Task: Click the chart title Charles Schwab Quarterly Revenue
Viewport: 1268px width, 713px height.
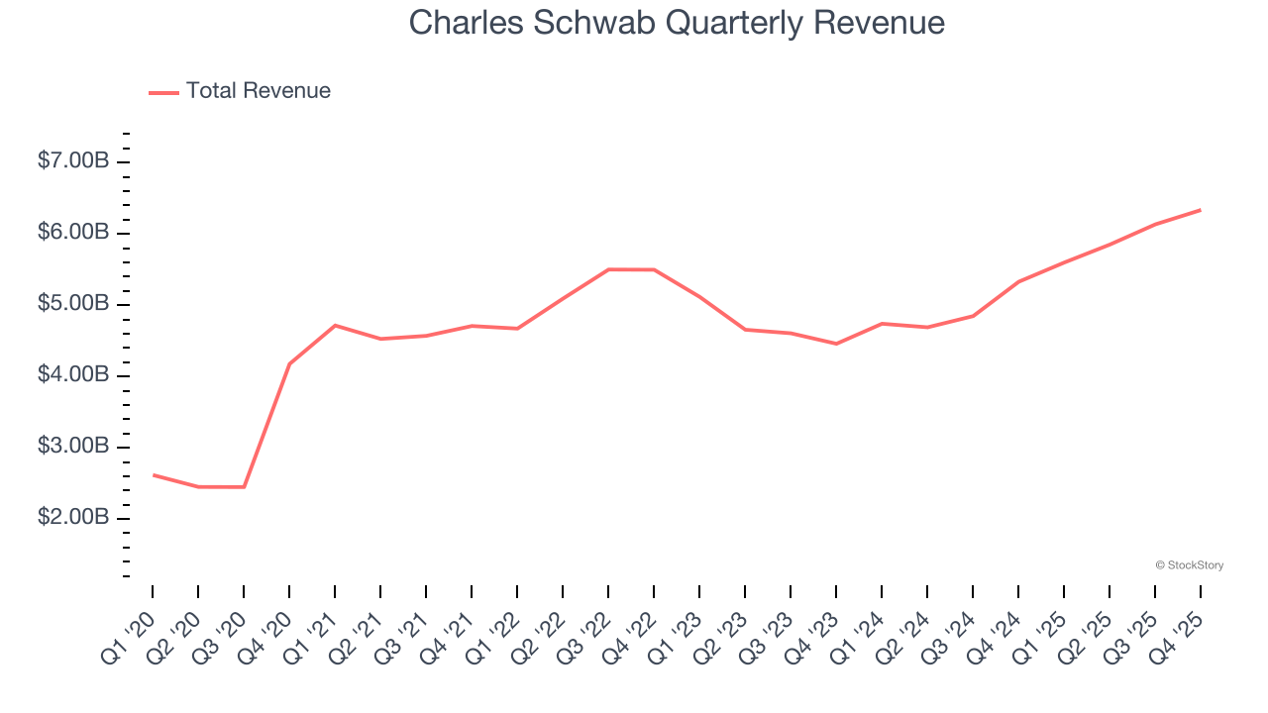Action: pyautogui.click(x=677, y=23)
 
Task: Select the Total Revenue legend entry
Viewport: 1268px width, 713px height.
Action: pyautogui.click(x=258, y=91)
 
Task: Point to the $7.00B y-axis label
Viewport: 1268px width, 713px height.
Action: pyautogui.click(x=72, y=161)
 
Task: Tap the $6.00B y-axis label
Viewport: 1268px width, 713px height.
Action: pyautogui.click(x=72, y=233)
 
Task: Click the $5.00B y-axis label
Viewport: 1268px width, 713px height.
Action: pyautogui.click(x=72, y=304)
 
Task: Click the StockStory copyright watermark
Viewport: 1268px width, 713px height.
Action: pyautogui.click(x=1190, y=565)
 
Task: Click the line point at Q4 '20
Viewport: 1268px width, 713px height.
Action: pyautogui.click(x=289, y=363)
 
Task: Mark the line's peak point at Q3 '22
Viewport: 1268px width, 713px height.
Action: pyautogui.click(x=608, y=269)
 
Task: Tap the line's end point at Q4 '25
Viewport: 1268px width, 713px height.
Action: pyautogui.click(x=1201, y=210)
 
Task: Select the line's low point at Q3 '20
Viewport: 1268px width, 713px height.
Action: pyautogui.click(x=244, y=487)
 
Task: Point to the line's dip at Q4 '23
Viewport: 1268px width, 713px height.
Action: pyautogui.click(x=836, y=344)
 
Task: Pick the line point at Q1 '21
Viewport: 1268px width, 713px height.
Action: pyautogui.click(x=335, y=325)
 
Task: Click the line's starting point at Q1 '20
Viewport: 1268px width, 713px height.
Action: pyautogui.click(x=153, y=474)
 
